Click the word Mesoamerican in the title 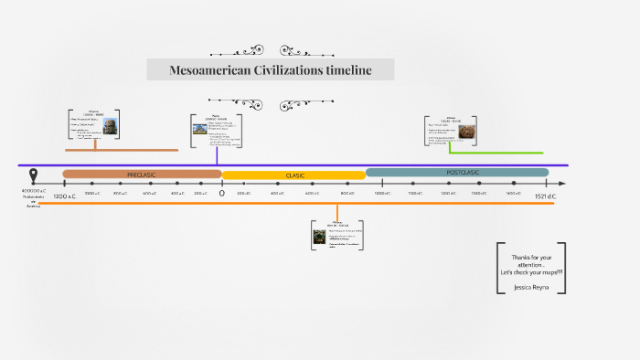(206, 70)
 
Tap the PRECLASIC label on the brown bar (143, 174)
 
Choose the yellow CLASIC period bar (293, 175)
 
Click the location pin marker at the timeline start (34, 176)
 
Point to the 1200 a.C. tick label (65, 196)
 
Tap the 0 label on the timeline (221, 194)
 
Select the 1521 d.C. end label (546, 196)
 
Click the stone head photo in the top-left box (110, 126)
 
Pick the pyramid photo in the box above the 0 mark (199, 129)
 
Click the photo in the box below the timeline (320, 238)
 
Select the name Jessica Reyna (533, 286)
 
